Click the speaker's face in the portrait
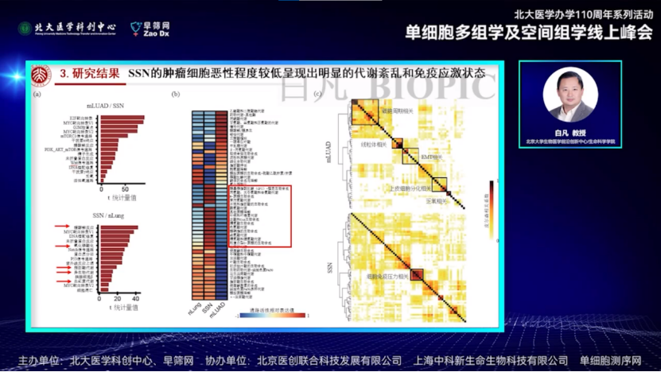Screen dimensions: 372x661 570,90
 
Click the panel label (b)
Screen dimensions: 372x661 177,94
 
